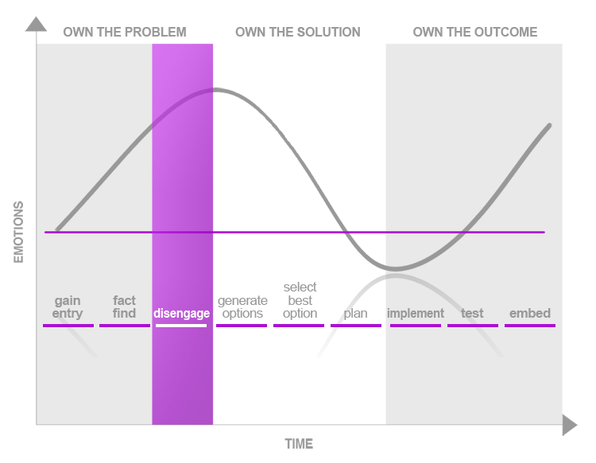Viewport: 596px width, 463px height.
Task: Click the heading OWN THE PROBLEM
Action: (x=125, y=32)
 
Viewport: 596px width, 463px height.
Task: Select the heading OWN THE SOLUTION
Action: (x=298, y=32)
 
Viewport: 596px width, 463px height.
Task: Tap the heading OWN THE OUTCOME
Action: (x=475, y=32)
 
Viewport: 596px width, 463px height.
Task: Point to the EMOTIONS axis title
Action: (x=18, y=232)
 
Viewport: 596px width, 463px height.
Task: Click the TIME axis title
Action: (x=299, y=444)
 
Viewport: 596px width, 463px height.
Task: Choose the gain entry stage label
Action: (x=68, y=307)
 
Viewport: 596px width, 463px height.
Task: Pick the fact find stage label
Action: (x=124, y=307)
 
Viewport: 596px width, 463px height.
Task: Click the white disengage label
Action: (x=181, y=314)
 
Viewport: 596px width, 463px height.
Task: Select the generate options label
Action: (x=242, y=307)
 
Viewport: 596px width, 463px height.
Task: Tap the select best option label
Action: (x=300, y=300)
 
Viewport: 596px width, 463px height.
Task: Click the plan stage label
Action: (x=355, y=314)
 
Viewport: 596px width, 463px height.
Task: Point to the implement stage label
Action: (x=416, y=314)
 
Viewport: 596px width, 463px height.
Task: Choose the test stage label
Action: (x=472, y=314)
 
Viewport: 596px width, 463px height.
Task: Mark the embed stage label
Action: (x=530, y=313)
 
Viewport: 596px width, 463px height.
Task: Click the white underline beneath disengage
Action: (x=181, y=326)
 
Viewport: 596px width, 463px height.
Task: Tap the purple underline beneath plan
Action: (x=356, y=326)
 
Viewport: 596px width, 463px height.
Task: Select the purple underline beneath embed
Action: (x=530, y=326)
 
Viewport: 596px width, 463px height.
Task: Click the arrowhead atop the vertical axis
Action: (x=36, y=24)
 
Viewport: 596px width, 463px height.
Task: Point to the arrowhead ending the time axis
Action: (x=570, y=425)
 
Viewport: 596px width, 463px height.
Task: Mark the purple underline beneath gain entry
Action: (x=68, y=326)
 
